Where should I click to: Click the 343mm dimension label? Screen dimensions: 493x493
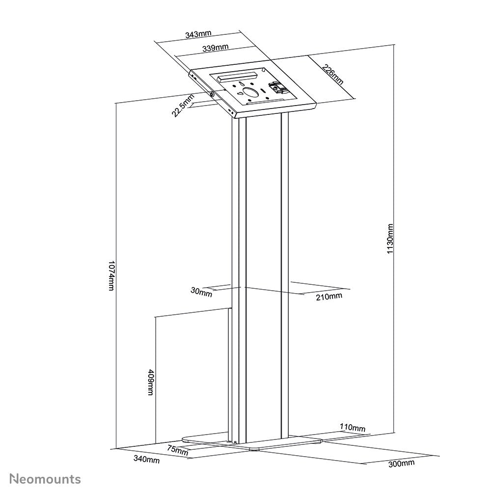(198, 34)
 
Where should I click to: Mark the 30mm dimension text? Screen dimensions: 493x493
(201, 293)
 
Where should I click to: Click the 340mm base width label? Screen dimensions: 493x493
(147, 460)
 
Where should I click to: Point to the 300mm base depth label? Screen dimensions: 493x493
(401, 463)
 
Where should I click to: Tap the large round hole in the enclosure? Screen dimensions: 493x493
(252, 92)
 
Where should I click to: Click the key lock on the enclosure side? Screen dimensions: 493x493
(211, 94)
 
